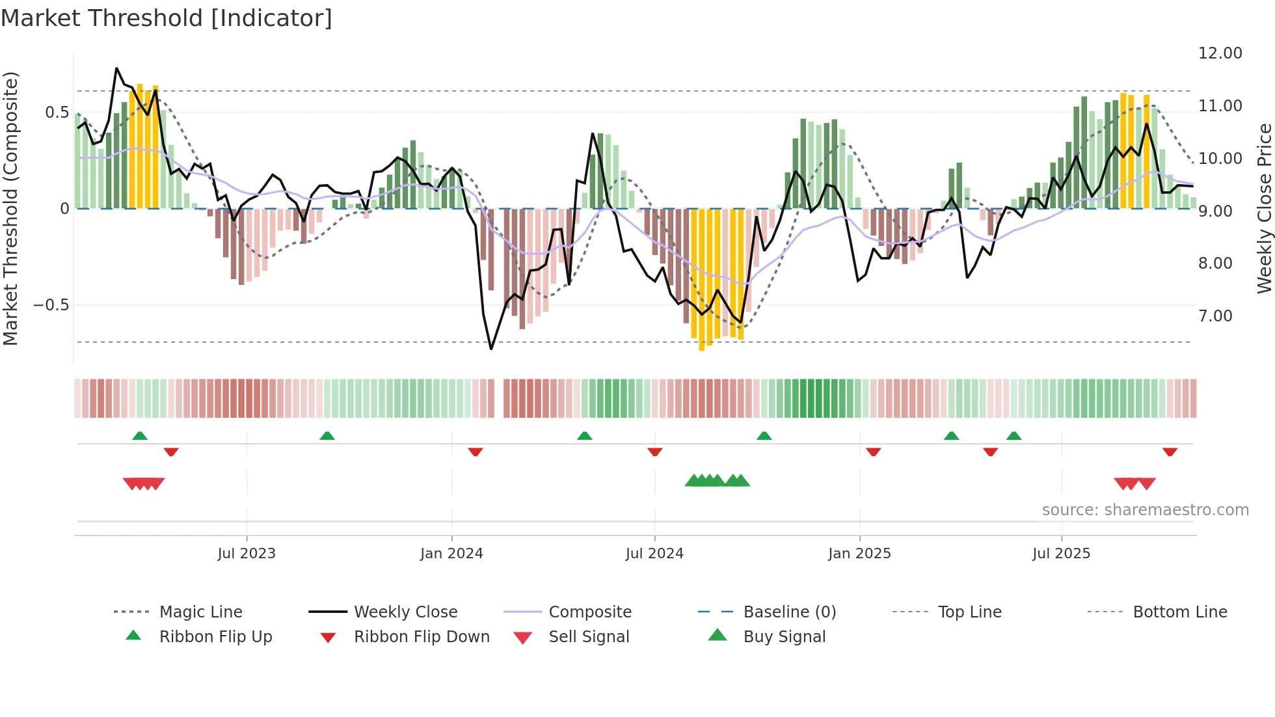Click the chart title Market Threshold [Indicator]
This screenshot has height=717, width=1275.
point(167,18)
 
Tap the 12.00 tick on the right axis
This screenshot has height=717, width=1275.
point(1220,53)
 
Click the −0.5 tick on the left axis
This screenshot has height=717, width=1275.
point(51,305)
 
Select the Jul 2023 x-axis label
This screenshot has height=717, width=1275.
point(247,554)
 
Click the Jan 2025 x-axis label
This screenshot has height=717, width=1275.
point(859,554)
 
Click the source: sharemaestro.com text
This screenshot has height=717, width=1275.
point(1145,510)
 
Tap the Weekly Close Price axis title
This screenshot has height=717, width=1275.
point(1264,208)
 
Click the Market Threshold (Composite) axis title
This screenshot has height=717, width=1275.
point(10,208)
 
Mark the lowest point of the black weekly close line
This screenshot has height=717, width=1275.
point(491,349)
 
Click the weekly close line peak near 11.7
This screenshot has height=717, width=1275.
point(116,68)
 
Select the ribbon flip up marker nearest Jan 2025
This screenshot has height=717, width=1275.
point(764,436)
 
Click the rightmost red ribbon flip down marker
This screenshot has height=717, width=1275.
point(1170,452)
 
